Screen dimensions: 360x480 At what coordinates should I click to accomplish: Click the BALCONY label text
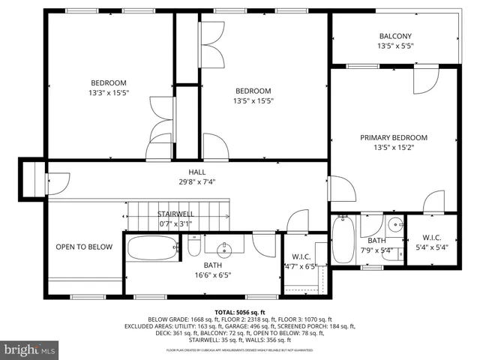[394, 36]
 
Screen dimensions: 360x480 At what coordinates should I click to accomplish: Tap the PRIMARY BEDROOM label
[393, 137]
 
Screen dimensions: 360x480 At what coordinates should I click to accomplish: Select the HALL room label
[196, 172]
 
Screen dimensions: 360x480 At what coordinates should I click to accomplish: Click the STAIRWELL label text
[175, 214]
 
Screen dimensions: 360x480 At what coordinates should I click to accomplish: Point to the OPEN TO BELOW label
[84, 247]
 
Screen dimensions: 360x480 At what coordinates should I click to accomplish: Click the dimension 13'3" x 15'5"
[109, 93]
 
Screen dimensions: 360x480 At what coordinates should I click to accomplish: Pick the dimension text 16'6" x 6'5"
[213, 274]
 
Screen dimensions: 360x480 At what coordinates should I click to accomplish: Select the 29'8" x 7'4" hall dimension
[196, 181]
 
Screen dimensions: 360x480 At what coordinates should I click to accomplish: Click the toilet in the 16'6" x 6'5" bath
[193, 247]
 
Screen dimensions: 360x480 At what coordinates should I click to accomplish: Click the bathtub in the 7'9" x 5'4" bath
[343, 240]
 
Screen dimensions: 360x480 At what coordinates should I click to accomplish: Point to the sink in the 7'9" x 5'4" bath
[395, 225]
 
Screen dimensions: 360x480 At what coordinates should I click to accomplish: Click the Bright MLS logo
[30, 349]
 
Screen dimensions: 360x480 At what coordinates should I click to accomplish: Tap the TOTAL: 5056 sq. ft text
[239, 311]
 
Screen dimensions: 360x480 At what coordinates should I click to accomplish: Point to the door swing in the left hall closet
[58, 182]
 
